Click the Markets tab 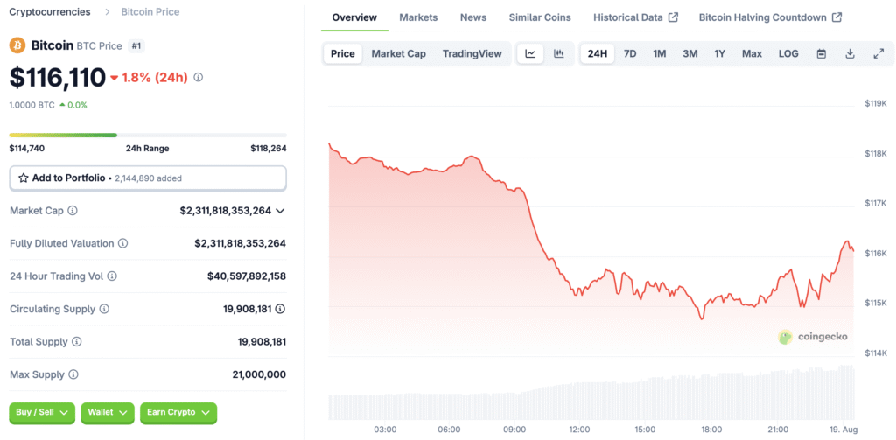tap(418, 17)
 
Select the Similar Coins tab tap(540, 17)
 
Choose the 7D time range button tap(630, 53)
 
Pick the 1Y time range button tap(719, 53)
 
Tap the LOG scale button tap(788, 53)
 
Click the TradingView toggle tap(472, 53)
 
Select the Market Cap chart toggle tap(398, 53)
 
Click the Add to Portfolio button tap(147, 178)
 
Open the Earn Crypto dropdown tap(178, 412)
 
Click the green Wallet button tap(107, 412)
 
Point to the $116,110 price tap(58, 78)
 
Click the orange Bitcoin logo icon tap(17, 45)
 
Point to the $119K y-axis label tap(875, 103)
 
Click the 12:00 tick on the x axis tap(580, 430)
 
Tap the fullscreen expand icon tap(878, 53)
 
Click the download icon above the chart tap(850, 53)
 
